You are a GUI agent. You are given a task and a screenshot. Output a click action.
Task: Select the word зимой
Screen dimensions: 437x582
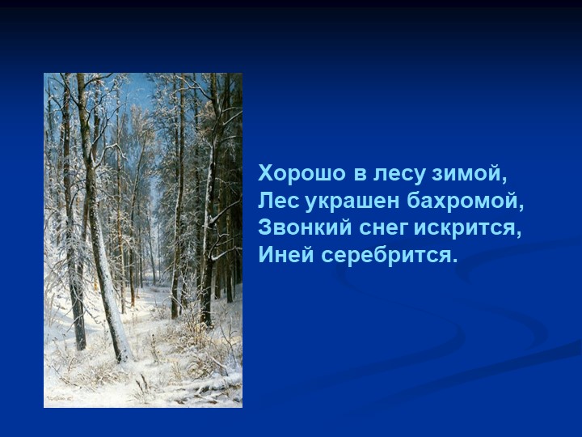pyautogui.click(x=470, y=173)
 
